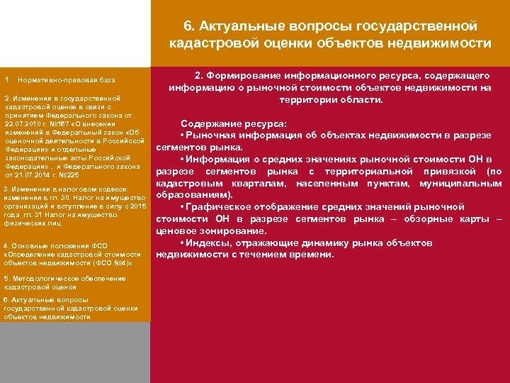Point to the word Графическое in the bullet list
pos(222,206)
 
